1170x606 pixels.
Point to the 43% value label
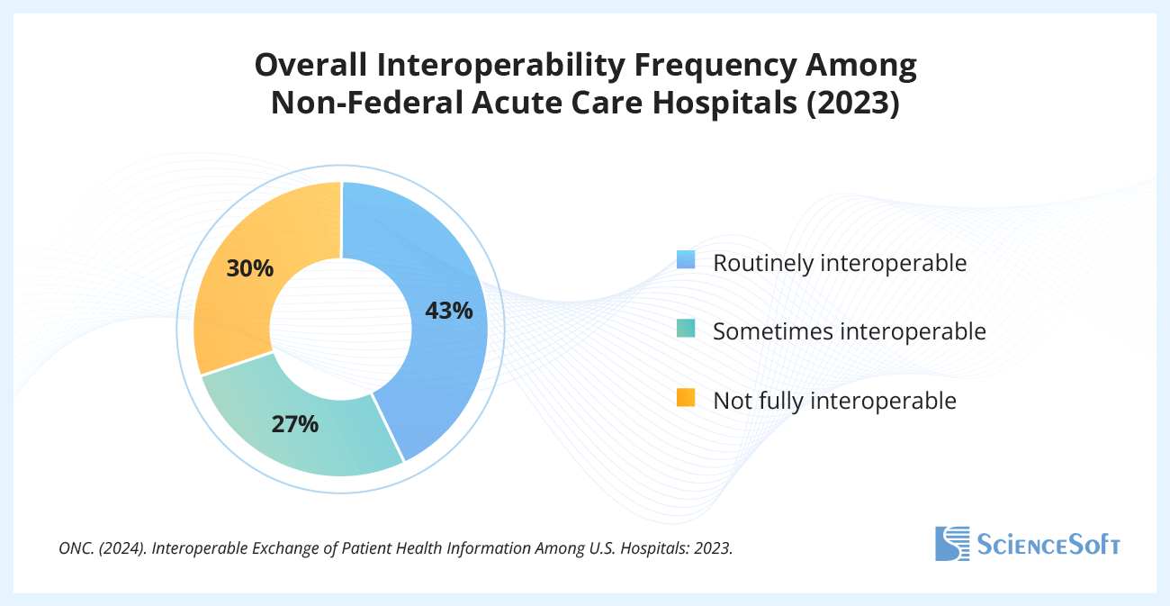[x=448, y=311]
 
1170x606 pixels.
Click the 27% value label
[x=295, y=424]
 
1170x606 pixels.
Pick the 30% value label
[x=250, y=268]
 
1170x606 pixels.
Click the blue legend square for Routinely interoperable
[x=687, y=260]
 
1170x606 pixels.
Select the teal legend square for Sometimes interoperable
[x=687, y=329]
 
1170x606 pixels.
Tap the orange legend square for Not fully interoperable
[x=687, y=397]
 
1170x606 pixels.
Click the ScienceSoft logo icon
[x=952, y=543]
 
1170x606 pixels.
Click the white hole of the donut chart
[x=340, y=328]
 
